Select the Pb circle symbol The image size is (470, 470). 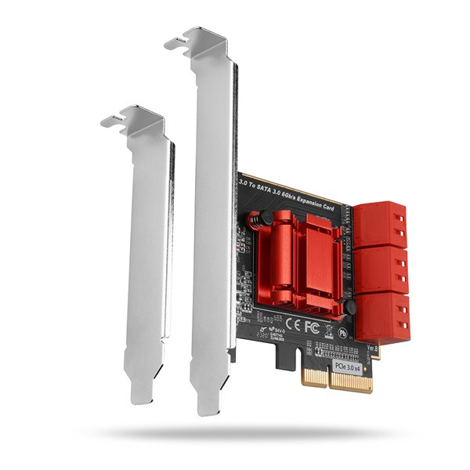343,332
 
